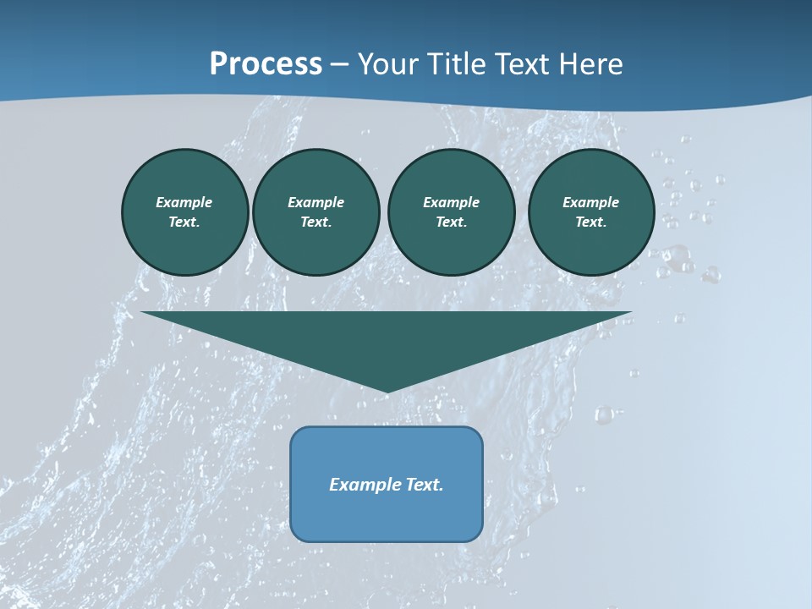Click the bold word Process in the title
coord(266,64)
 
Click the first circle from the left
coord(184,212)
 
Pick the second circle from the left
coord(315,212)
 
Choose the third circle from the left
coord(451,212)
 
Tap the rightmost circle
coord(591,212)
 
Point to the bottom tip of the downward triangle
coord(387,392)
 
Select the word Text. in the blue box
coord(425,485)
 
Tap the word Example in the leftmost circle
coord(184,202)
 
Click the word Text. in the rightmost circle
coord(591,222)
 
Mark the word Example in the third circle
coord(451,202)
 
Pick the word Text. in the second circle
coord(315,222)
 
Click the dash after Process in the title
coord(340,64)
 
